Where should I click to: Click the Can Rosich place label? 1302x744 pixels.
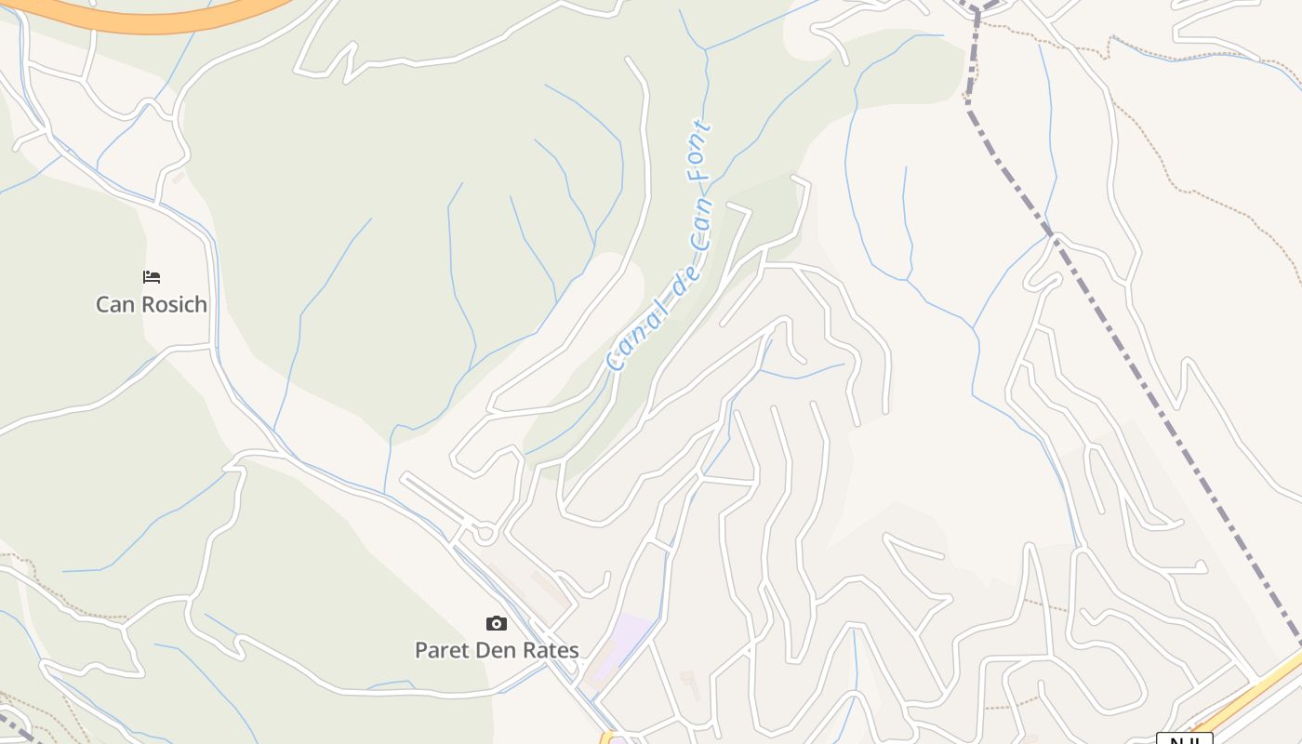point(152,304)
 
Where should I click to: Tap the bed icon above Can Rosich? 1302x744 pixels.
point(152,277)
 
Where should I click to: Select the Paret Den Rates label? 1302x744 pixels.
point(497,650)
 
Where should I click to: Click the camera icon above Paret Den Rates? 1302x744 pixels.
point(497,623)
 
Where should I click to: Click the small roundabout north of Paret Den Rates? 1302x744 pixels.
point(483,534)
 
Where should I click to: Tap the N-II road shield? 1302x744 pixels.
point(1184,740)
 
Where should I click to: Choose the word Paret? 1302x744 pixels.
point(442,650)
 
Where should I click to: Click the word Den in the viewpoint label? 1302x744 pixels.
point(497,650)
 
